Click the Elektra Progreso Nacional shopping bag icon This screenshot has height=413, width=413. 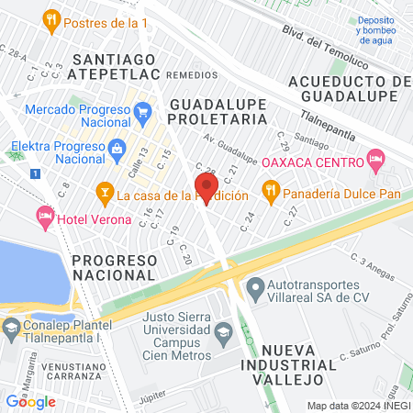point(117,148)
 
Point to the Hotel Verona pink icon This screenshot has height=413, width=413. point(44,216)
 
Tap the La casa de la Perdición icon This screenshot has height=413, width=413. point(105,194)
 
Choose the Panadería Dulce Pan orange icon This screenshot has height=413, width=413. point(270,194)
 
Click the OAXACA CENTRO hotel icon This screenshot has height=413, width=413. point(374,162)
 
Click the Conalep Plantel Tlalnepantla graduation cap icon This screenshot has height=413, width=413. point(11,327)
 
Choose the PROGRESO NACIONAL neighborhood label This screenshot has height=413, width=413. point(127,268)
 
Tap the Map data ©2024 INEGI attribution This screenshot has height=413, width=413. point(357,405)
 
